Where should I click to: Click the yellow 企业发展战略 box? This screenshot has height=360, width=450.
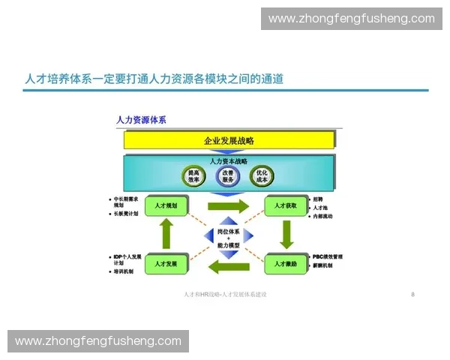(x=229, y=140)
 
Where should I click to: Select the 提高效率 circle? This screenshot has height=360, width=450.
(x=193, y=176)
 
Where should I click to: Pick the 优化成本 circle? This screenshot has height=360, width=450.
(x=262, y=176)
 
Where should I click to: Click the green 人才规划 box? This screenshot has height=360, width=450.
(x=166, y=205)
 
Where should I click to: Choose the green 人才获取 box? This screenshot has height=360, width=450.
(x=285, y=205)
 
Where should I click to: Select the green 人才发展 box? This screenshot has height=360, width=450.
(x=166, y=264)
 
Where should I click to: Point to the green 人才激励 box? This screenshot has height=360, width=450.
(x=285, y=264)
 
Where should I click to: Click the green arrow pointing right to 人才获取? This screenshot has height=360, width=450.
(x=226, y=206)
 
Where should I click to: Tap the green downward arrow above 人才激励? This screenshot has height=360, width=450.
(x=286, y=234)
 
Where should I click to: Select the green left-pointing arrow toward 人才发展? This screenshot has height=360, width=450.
(x=227, y=265)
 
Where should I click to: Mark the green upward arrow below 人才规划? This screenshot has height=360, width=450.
(x=166, y=235)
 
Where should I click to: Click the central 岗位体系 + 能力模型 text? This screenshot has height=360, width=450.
(x=228, y=237)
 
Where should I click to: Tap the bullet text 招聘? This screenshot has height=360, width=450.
(x=318, y=199)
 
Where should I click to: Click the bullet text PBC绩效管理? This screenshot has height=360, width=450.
(x=328, y=256)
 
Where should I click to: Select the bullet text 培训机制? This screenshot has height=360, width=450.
(x=124, y=271)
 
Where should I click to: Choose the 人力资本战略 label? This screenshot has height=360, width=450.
(x=228, y=161)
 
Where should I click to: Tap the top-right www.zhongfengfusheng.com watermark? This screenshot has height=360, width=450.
(x=351, y=18)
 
